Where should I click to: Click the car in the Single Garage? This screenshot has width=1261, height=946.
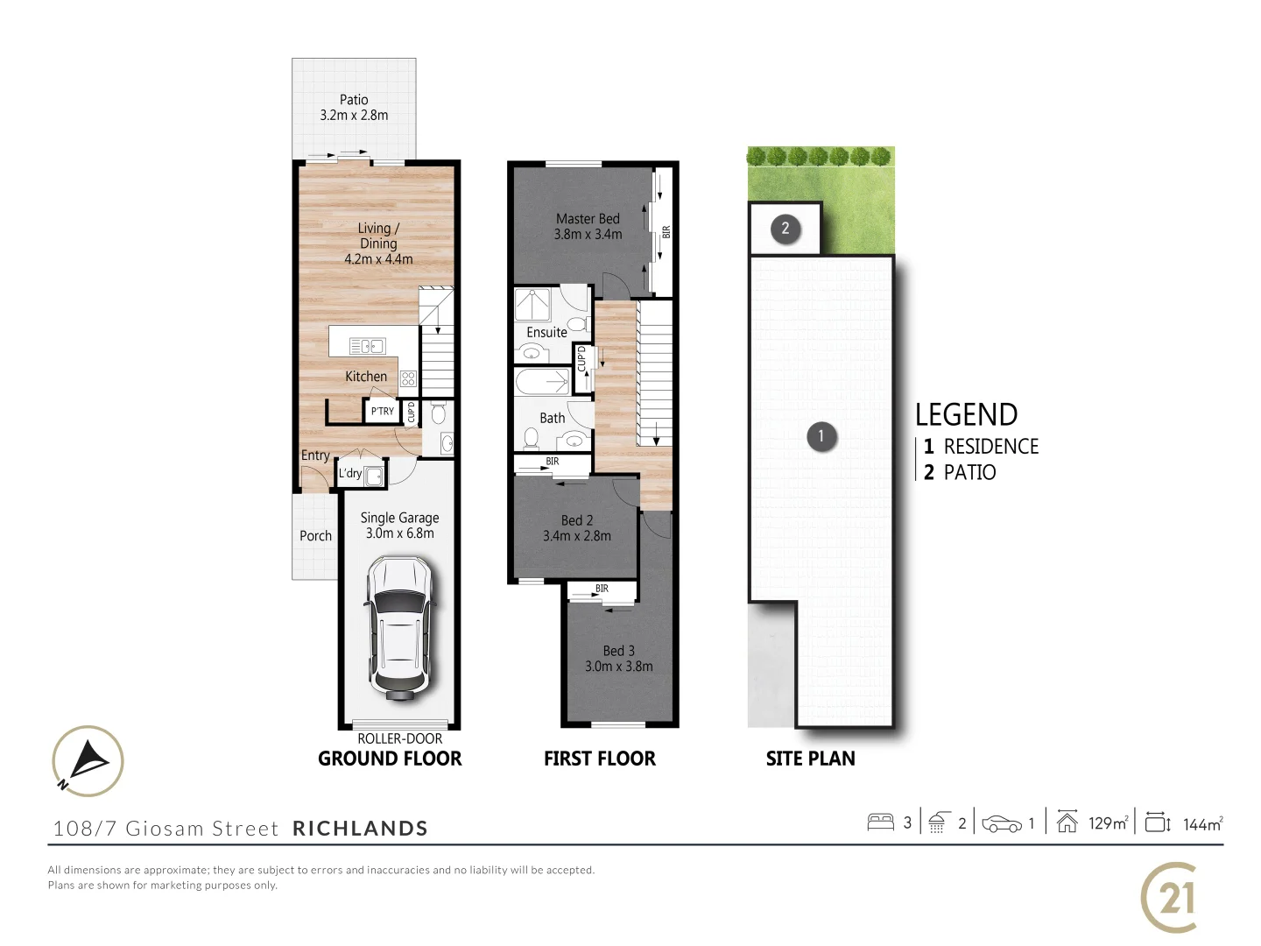click(398, 628)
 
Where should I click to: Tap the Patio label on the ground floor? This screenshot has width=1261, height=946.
click(354, 100)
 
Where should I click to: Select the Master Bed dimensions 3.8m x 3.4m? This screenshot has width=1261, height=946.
click(588, 235)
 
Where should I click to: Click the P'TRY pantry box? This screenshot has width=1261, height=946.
click(382, 411)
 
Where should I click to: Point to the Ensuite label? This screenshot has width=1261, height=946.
click(546, 333)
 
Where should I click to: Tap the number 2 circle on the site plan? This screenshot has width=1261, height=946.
click(785, 229)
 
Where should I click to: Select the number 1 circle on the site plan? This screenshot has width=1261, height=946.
click(821, 436)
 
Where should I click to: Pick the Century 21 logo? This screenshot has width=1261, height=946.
click(1170, 898)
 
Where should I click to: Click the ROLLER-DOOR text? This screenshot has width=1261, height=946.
click(399, 739)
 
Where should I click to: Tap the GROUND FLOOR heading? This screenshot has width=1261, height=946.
click(390, 759)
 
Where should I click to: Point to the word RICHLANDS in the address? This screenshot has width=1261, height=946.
click(360, 829)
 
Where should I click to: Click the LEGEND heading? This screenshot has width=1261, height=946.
click(966, 414)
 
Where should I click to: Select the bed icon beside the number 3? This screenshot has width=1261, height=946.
click(880, 822)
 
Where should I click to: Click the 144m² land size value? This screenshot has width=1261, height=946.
click(1202, 824)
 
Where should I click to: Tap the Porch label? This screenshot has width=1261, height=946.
click(315, 536)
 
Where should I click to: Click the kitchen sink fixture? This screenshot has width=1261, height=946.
click(368, 346)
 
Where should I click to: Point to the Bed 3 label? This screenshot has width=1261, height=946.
click(618, 651)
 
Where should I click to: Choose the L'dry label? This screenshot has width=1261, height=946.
click(350, 473)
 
